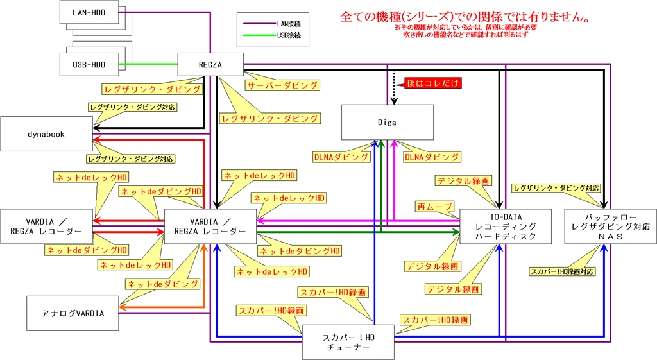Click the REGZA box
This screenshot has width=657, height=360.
210,64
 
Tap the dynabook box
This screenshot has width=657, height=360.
46,134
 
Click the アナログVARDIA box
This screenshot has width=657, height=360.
73,313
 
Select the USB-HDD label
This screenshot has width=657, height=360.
89,64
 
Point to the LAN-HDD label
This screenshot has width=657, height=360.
89,12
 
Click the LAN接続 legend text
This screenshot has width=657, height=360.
289,24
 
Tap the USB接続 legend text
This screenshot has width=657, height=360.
289,35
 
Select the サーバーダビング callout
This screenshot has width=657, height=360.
281,85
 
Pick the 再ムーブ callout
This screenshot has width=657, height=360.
435,206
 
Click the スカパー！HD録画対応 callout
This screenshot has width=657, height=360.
562,271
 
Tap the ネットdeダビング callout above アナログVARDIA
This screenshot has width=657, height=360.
162,283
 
